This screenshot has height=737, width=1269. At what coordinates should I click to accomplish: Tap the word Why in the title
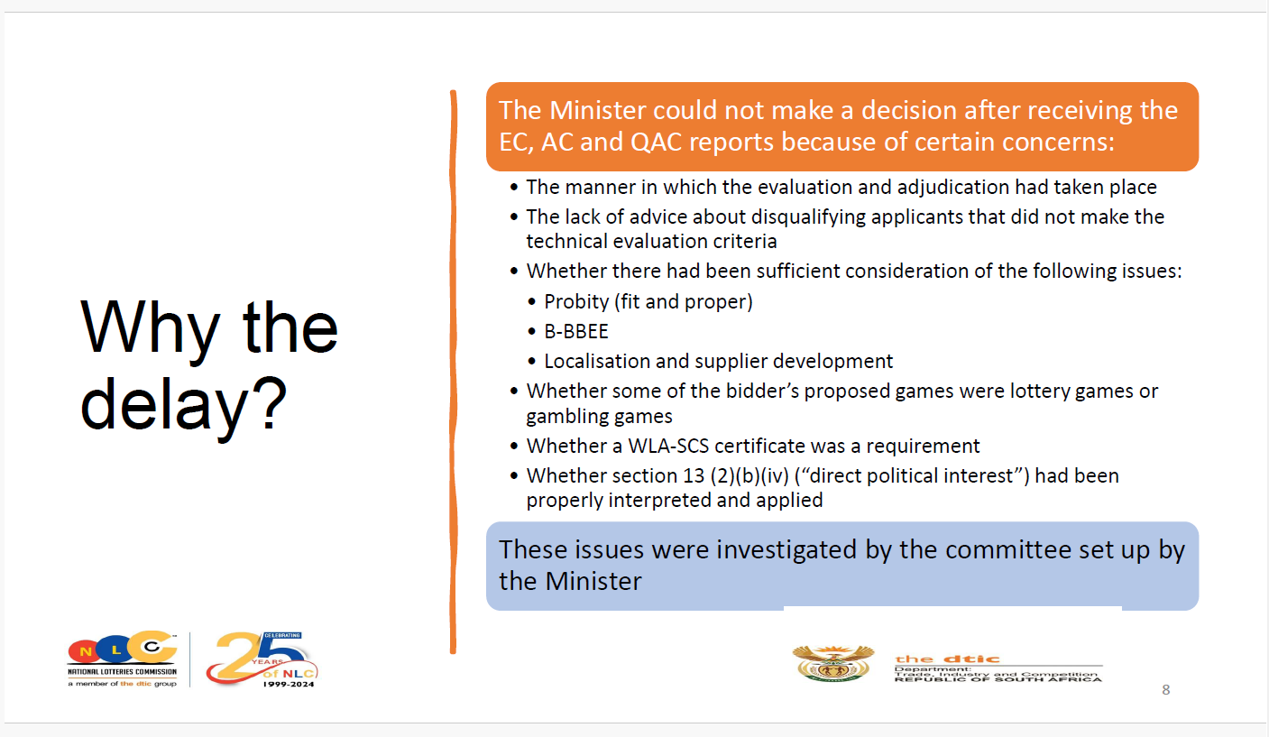click(x=150, y=328)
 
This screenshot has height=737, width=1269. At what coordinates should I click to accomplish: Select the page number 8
click(x=1166, y=689)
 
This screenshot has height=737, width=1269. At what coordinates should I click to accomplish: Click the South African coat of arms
click(x=832, y=663)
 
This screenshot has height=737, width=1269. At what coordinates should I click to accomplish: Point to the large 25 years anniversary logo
click(x=262, y=659)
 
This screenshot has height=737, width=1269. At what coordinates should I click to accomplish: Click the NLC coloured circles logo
click(x=122, y=647)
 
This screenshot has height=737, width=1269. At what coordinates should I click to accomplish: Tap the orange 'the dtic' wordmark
click(x=947, y=659)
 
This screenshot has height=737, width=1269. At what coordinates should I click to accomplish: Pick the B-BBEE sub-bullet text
click(x=576, y=331)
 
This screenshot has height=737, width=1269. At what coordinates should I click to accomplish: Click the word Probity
click(x=576, y=302)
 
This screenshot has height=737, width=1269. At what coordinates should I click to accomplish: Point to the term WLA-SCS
click(x=668, y=446)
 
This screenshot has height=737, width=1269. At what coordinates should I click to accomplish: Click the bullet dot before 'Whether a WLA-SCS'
click(x=514, y=446)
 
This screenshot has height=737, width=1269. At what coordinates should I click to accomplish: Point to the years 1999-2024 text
click(x=289, y=685)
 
